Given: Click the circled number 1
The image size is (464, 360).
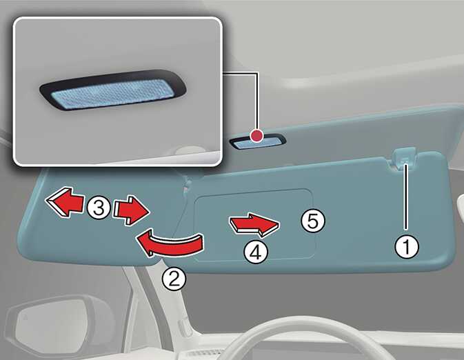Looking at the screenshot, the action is click(407, 247).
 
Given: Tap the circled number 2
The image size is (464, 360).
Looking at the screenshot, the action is click(174, 279).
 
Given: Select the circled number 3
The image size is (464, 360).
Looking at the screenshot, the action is click(99, 207).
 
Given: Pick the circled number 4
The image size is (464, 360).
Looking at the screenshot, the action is click(256, 252).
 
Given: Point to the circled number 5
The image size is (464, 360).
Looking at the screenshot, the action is click(313, 221).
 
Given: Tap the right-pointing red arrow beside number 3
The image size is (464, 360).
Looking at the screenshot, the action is click(131, 210).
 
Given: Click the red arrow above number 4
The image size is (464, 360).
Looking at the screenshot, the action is click(254, 225).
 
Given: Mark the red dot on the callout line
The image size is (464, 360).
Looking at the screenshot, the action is click(256, 136).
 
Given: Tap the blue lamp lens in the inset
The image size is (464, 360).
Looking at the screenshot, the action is click(112, 93).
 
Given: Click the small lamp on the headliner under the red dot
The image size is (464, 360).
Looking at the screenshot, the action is click(258, 142).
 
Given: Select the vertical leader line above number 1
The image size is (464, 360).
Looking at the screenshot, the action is click(406, 197).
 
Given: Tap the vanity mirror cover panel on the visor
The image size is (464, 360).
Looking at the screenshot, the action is click(255, 224).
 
